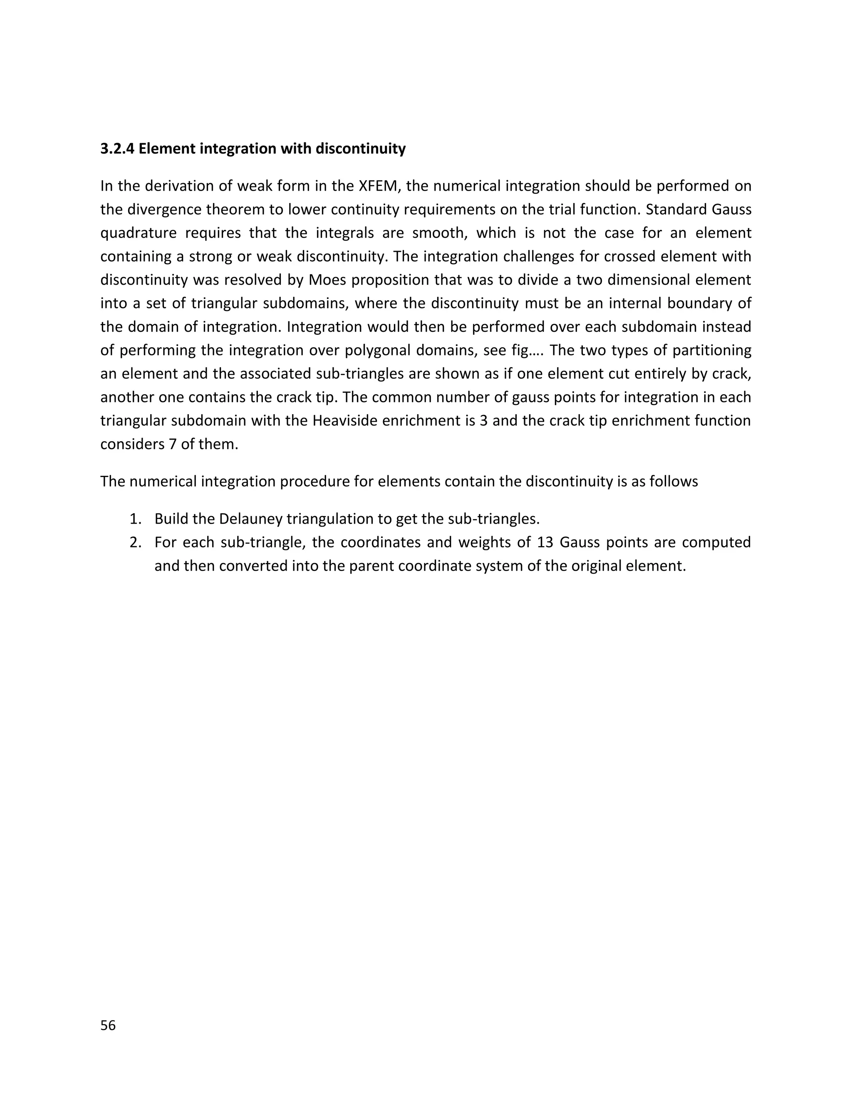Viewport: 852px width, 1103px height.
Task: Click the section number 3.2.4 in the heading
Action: [117, 149]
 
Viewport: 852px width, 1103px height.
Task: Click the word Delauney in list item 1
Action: [250, 519]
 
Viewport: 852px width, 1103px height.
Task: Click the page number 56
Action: [108, 1025]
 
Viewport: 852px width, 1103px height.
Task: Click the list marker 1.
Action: [134, 519]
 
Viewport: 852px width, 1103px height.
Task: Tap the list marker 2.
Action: [134, 542]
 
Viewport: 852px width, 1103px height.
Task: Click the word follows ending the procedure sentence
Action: [674, 481]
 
